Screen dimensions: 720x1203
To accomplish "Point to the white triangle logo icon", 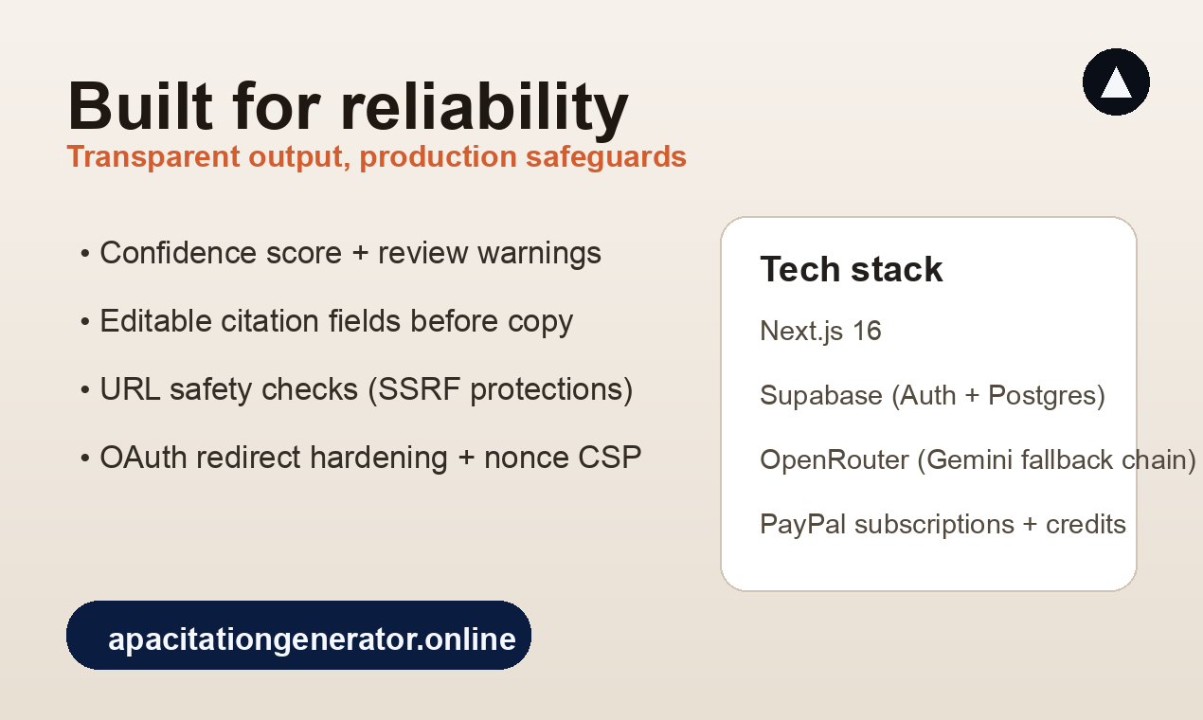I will pyautogui.click(x=1116, y=82).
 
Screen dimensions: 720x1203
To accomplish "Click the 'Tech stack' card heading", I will pyautogui.click(x=851, y=269).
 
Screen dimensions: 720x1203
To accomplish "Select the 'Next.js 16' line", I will pyautogui.click(x=820, y=331).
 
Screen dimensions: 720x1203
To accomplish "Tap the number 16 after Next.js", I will pyautogui.click(x=866, y=331).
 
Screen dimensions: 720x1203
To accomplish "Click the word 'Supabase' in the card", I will pyautogui.click(x=821, y=395).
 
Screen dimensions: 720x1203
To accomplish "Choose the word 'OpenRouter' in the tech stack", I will pyautogui.click(x=835, y=459).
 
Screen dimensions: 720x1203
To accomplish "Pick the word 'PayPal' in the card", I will pyautogui.click(x=802, y=524).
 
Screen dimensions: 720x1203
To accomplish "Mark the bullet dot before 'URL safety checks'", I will pyautogui.click(x=85, y=390).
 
